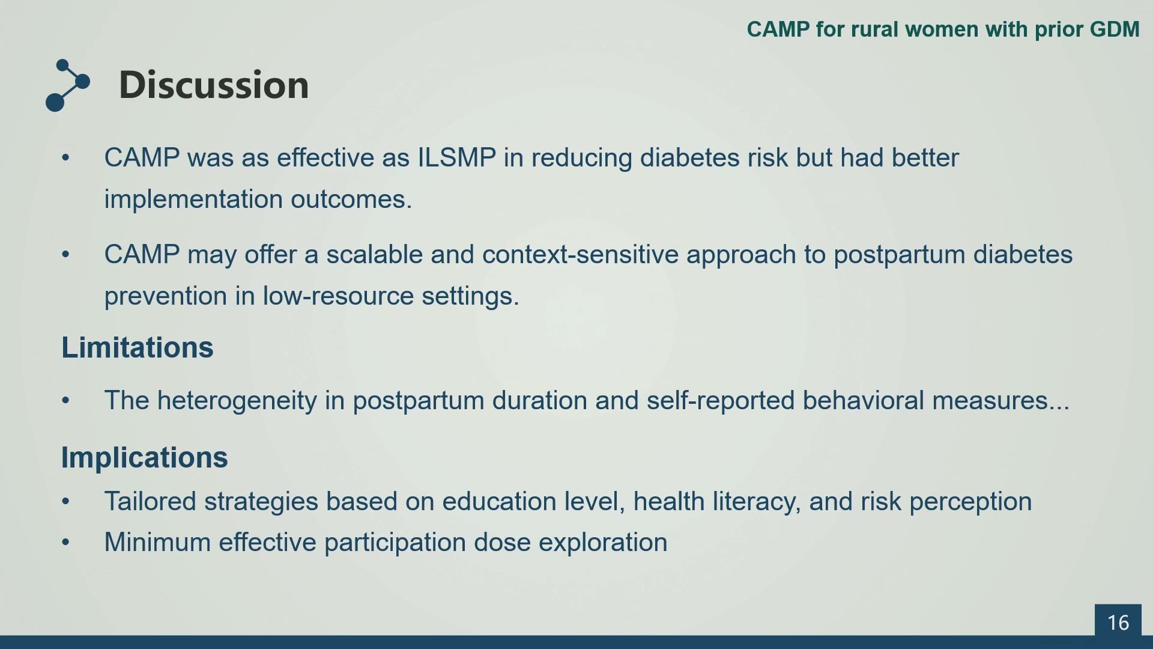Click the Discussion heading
click(214, 85)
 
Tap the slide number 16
click(1118, 623)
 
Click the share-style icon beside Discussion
click(68, 85)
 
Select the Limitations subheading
click(138, 347)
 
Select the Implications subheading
click(145, 457)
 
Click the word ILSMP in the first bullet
click(457, 158)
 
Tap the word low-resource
click(339, 296)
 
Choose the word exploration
click(603, 543)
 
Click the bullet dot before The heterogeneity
click(65, 400)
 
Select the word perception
click(970, 502)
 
